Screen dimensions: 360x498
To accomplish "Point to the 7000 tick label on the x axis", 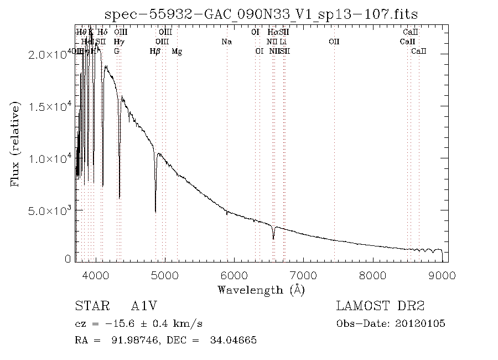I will click(x=304, y=276).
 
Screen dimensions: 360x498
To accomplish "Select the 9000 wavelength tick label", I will click(x=442, y=276).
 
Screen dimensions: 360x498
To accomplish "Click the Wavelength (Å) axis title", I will click(x=261, y=289).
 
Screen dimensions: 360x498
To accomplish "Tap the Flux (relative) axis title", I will click(x=15, y=143).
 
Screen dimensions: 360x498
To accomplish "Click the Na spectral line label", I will click(x=226, y=42).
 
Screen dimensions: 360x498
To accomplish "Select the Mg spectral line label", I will click(x=177, y=52).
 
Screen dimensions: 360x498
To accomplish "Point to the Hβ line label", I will click(x=155, y=52).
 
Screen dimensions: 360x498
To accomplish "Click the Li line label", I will click(x=283, y=42).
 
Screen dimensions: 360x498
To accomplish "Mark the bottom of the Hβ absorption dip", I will click(x=155, y=211).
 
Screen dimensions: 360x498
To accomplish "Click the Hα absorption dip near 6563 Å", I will click(x=273, y=238).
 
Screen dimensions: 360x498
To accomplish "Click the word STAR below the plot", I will click(x=89, y=306).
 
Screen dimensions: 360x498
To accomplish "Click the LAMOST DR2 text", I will click(x=380, y=306).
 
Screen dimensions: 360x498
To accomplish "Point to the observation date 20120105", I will click(x=420, y=323).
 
